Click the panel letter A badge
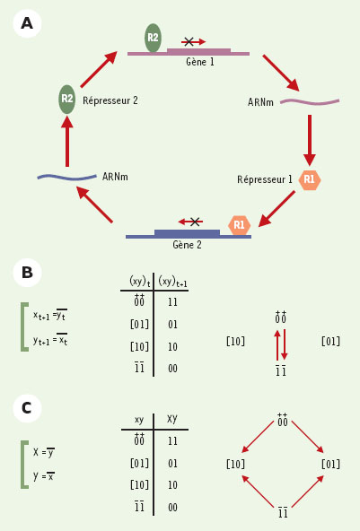[27, 23]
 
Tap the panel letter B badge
[27, 273]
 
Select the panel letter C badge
[27, 408]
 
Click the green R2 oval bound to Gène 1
[153, 38]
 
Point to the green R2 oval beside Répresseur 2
[66, 100]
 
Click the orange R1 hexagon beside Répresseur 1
[310, 179]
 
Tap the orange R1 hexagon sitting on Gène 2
[240, 225]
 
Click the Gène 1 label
[200, 62]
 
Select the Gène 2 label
[187, 245]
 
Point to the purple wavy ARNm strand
[310, 102]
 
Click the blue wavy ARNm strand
[66, 177]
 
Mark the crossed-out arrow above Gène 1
[193, 41]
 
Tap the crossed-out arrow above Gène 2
[191, 222]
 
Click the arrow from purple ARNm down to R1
[310, 140]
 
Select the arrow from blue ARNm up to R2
[67, 141]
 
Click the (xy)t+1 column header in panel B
[172, 282]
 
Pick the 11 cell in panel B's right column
[172, 301]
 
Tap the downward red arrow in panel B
[285, 344]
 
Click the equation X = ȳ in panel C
[44, 452]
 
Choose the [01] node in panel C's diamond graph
[330, 464]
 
